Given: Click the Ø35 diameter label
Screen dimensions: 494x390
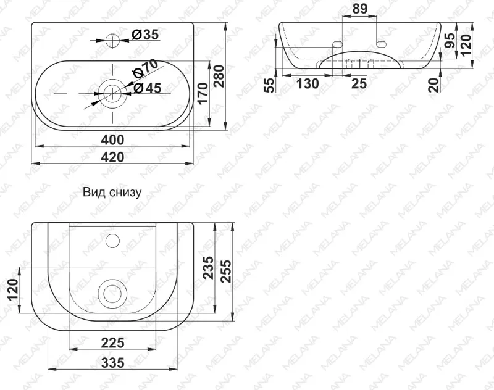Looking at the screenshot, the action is coord(145,35).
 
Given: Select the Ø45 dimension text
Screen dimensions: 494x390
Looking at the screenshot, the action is coord(147,88).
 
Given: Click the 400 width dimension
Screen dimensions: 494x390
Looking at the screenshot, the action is coord(112,139).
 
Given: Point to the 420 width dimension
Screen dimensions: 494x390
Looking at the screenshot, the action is coord(112,157).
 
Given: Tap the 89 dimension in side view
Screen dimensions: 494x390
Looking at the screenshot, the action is coord(360,9).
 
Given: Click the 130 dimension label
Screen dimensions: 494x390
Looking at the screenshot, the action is coord(307,84).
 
